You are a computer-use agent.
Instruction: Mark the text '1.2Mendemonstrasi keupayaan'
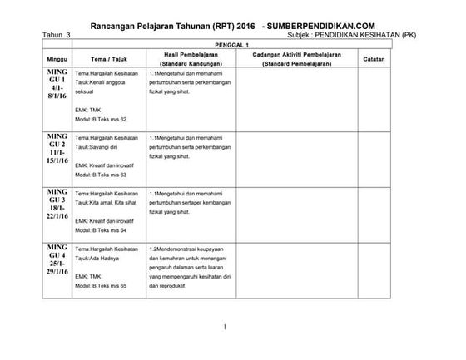click(190, 248)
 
